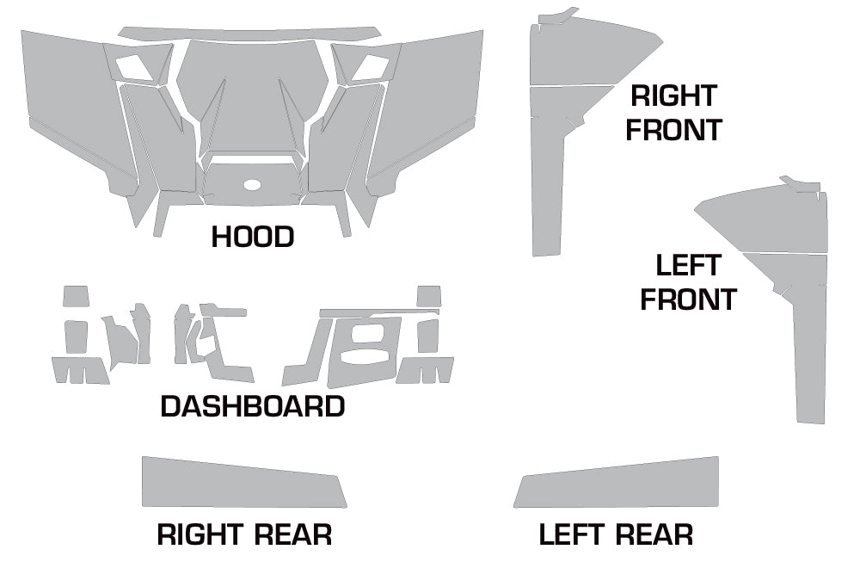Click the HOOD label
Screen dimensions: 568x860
(x=253, y=237)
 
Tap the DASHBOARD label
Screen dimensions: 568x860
(x=253, y=406)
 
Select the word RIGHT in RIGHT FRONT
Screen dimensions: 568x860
(x=673, y=96)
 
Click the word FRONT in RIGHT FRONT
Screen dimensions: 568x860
(x=673, y=130)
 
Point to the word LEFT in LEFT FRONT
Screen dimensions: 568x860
(x=688, y=264)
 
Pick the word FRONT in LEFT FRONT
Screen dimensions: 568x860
(x=688, y=299)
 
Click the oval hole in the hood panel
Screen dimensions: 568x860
(x=252, y=185)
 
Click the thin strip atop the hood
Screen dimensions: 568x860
(x=249, y=34)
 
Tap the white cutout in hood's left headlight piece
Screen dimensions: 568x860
(x=133, y=65)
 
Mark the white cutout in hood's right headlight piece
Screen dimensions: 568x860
(x=371, y=65)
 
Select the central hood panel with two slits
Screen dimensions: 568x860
(x=252, y=95)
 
